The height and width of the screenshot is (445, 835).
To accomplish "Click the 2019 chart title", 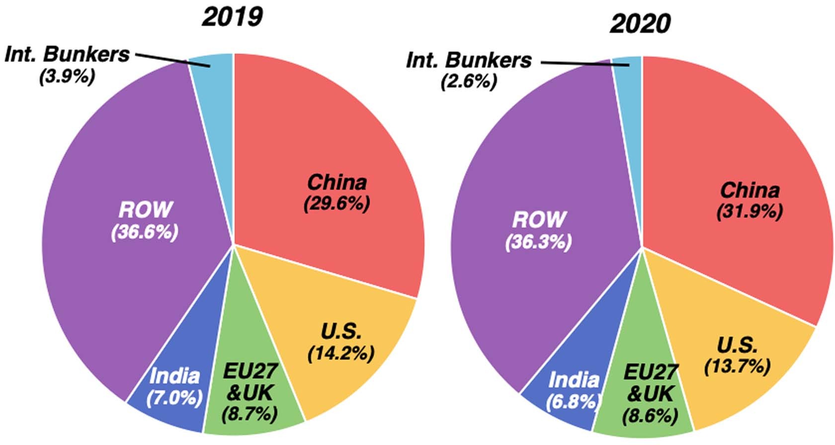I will [x=232, y=17].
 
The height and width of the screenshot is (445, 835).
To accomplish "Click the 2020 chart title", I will [x=640, y=23].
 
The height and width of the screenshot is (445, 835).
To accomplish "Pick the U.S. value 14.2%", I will [x=341, y=353].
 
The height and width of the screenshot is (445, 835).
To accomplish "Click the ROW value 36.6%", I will [x=145, y=232].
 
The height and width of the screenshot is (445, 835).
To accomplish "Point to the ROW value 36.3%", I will [x=539, y=242].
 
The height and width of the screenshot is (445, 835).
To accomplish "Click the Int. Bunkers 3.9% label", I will [x=67, y=77].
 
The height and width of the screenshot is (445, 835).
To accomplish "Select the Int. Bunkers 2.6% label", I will [x=469, y=81].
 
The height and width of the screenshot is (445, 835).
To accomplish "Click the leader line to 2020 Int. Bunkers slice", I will [x=577, y=63].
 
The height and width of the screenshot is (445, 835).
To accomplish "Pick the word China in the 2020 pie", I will [x=750, y=190].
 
